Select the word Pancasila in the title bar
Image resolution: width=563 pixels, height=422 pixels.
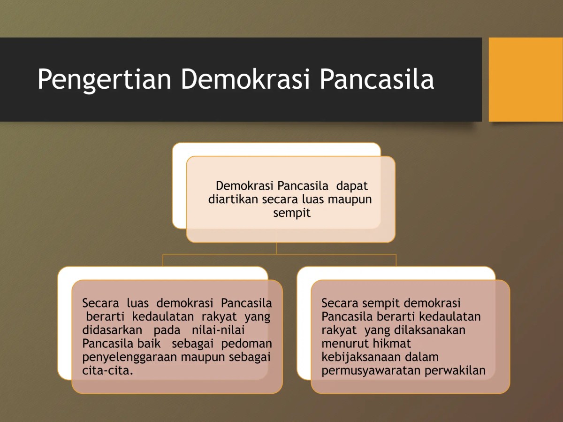(377, 79)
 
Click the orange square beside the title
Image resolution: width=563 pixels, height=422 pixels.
(525, 79)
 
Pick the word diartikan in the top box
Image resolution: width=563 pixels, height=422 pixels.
(233, 199)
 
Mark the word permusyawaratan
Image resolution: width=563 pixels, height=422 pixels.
(371, 370)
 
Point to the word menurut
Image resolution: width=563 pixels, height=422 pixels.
(343, 344)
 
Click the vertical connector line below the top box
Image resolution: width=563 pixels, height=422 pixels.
(277, 248)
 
